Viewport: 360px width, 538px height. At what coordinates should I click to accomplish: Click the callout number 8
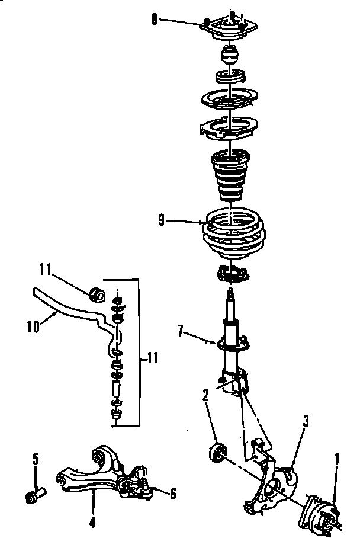pos(155,19)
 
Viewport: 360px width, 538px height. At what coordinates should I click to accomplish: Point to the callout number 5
pos(36,458)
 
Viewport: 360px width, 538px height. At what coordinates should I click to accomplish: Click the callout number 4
pos(173,492)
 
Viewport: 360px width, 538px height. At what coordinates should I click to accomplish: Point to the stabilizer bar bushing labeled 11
pos(97,294)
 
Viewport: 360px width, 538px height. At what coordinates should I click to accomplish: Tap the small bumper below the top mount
pos(230,57)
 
